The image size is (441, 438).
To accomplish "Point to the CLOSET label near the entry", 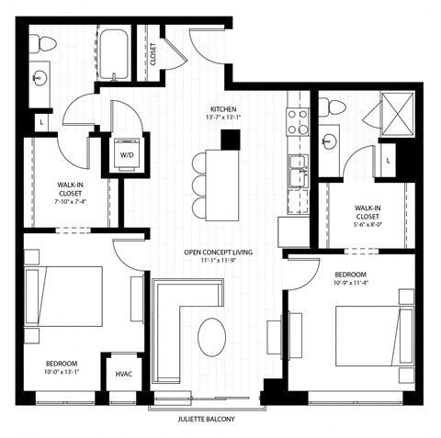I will tap(153, 52).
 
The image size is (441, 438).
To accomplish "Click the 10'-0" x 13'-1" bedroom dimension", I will tap(62, 373).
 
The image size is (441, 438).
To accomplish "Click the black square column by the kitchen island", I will tap(230, 140).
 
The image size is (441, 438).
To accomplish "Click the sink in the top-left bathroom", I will tap(40, 77).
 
